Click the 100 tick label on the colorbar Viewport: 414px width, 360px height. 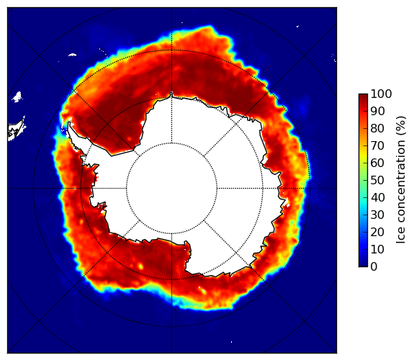(x=381, y=94)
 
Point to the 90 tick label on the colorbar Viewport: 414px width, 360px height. (x=377, y=111)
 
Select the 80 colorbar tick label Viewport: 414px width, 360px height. (x=377, y=128)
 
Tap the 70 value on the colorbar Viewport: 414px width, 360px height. (x=377, y=145)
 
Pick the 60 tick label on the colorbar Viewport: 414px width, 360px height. (x=377, y=163)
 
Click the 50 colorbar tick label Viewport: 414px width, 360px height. (x=377, y=181)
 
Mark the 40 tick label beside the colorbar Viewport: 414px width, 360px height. (x=377, y=197)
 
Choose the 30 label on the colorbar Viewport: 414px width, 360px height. (x=377, y=215)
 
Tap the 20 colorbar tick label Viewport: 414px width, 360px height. (x=377, y=232)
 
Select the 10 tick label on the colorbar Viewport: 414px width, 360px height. (x=377, y=249)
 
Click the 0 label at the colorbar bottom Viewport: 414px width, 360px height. (x=374, y=267)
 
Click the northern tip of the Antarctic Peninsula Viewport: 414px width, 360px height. (x=69, y=122)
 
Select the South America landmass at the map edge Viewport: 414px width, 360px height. (x=15, y=130)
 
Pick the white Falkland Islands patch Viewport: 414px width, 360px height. (x=17, y=96)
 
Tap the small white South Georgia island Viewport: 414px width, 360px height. (x=72, y=55)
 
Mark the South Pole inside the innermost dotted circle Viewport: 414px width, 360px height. (x=171, y=189)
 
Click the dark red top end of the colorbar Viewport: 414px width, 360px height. (x=363, y=95)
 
